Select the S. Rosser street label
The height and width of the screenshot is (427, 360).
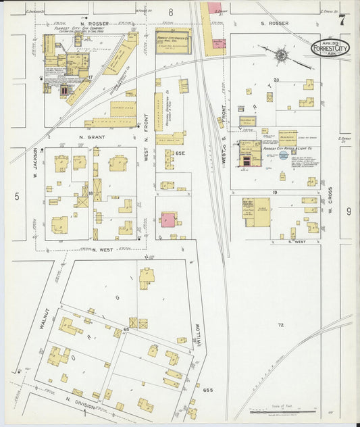tap(274, 24)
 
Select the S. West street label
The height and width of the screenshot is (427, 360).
tap(298, 241)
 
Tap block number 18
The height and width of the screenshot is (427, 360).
tap(90, 193)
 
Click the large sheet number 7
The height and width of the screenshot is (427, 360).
tap(343, 20)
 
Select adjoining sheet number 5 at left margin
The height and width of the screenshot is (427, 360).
tap(16, 196)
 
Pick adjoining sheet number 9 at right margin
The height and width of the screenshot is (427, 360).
tap(349, 211)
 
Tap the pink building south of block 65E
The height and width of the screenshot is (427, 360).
tap(168, 220)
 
